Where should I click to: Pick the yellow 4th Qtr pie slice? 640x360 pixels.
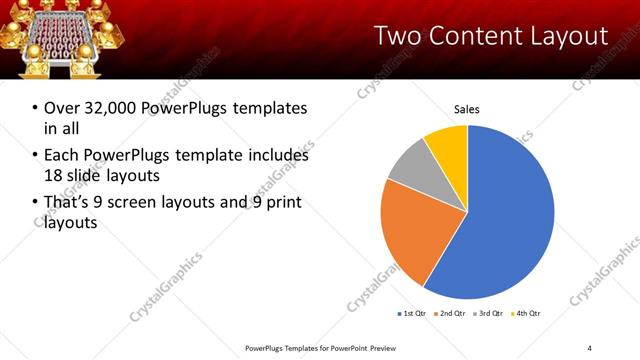tap(447, 145)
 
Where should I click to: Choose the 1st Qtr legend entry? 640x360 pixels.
tap(412, 314)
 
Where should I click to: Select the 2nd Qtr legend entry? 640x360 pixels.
tap(450, 314)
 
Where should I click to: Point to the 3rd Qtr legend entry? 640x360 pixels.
tap(488, 314)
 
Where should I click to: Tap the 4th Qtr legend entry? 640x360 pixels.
tap(526, 314)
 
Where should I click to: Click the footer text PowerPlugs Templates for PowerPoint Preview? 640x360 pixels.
tap(321, 347)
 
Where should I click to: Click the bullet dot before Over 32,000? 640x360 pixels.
tap(36, 108)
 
